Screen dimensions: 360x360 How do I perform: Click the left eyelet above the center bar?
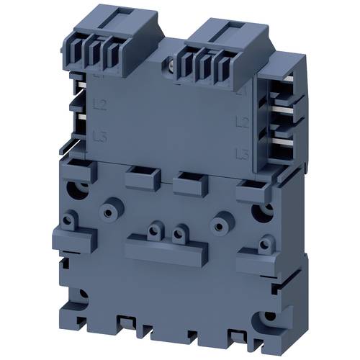pyautogui.click(x=154, y=232)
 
